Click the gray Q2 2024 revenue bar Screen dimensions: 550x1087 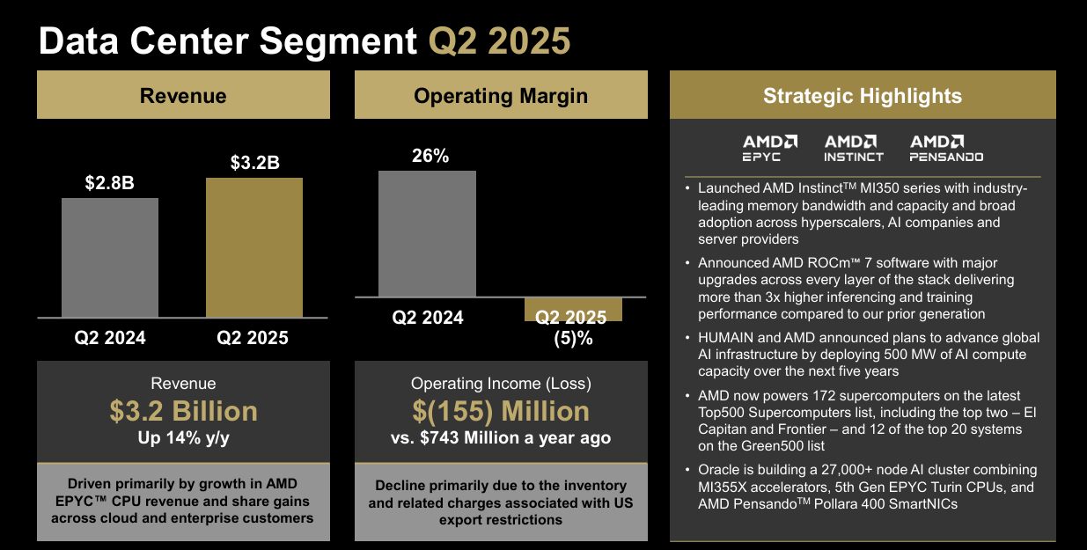pos(110,257)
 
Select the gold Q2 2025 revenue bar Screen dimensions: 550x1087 pos(253,247)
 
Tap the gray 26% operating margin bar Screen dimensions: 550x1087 pos(427,233)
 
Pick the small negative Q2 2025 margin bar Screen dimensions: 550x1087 pos(573,309)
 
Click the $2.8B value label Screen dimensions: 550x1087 pos(110,183)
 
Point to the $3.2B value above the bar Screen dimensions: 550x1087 pos(254,163)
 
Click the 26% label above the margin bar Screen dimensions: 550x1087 pos(430,156)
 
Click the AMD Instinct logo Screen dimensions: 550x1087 pos(854,148)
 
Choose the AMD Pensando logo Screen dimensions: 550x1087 pos(946,148)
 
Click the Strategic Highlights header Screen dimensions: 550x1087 pos(863,96)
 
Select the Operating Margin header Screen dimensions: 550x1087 pos(501,96)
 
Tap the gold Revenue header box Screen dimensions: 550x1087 pos(183,96)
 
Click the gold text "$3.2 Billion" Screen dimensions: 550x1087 pos(183,411)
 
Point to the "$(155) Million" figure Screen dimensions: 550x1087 pos(501,411)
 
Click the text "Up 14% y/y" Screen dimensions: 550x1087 pos(183,437)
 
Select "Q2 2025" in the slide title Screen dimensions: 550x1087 pos(499,41)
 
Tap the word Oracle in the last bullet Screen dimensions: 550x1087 pos(719,470)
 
